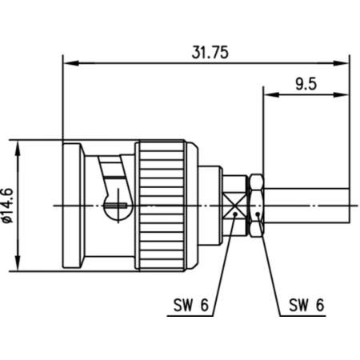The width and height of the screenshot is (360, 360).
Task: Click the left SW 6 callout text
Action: coord(190,305)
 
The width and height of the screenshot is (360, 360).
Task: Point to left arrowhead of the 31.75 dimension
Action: coord(67,62)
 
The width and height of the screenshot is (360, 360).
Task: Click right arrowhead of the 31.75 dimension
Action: coord(345,62)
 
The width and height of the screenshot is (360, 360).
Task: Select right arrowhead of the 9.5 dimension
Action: coord(345,93)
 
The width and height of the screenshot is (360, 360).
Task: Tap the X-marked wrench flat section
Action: coord(235,206)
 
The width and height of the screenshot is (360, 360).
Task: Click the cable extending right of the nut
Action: coord(308,206)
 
